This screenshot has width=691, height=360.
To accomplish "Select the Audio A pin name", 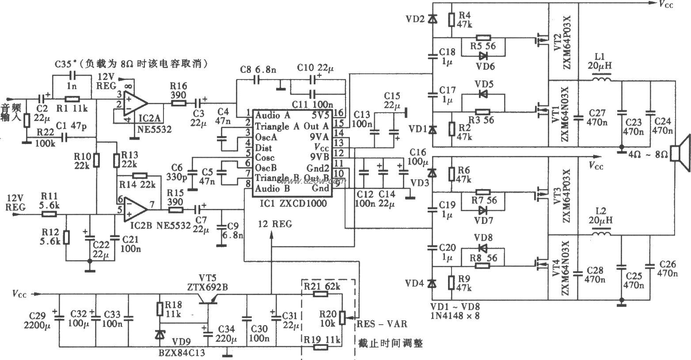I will coord(273,115).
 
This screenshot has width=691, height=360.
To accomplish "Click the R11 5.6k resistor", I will coord(49,214).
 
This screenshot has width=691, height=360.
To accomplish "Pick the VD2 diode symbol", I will coord(433,19).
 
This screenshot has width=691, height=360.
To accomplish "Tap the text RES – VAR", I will coord(382,324).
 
